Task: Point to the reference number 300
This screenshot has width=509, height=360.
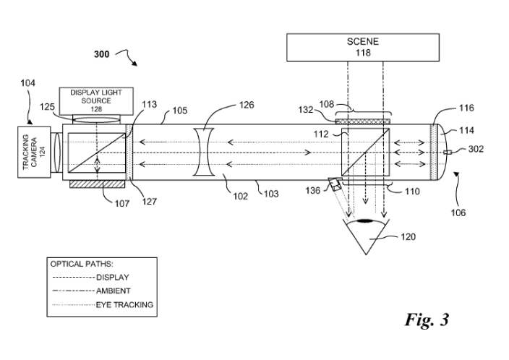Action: click(102, 54)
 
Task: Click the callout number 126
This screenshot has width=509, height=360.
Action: click(247, 105)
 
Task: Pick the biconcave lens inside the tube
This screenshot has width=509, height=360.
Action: click(204, 152)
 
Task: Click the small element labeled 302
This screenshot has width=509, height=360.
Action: click(448, 153)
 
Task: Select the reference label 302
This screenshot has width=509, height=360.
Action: click(476, 149)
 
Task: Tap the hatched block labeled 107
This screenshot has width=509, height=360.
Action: click(97, 184)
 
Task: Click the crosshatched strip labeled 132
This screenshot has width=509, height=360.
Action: click(363, 121)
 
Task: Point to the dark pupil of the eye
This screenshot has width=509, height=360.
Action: click(365, 221)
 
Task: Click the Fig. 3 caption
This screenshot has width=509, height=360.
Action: click(427, 320)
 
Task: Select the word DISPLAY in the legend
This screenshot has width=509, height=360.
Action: click(113, 277)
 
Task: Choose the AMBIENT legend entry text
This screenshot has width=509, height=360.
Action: click(114, 291)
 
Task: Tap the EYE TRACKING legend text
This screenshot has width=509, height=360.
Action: click(124, 305)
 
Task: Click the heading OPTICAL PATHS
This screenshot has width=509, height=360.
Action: click(82, 264)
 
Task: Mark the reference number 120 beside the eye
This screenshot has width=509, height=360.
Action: click(408, 236)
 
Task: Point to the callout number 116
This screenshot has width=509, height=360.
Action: click(466, 108)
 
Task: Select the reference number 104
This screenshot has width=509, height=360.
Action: click(27, 83)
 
